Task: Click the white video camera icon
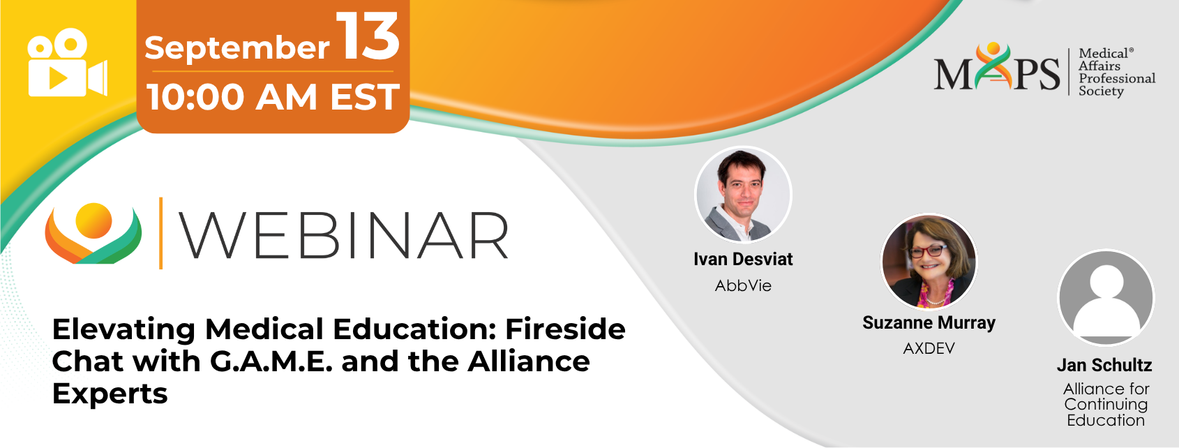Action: click(68, 62)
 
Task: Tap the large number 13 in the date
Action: click(368, 36)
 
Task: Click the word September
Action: click(237, 48)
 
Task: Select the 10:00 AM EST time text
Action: click(273, 97)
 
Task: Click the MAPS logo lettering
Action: click(996, 67)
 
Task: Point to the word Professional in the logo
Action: click(1117, 78)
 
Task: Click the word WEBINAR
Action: click(344, 234)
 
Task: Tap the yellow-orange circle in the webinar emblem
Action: click(93, 221)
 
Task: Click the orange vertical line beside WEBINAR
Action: click(160, 233)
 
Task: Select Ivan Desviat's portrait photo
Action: click(743, 194)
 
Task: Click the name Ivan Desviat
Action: click(743, 259)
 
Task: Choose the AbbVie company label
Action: click(743, 285)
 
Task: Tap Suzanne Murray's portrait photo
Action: click(929, 262)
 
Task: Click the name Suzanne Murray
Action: click(929, 322)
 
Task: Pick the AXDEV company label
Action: click(929, 348)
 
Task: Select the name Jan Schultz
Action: click(1105, 365)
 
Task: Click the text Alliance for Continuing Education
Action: click(1106, 404)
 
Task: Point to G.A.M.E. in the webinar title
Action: click(271, 361)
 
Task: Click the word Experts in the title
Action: click(110, 394)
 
